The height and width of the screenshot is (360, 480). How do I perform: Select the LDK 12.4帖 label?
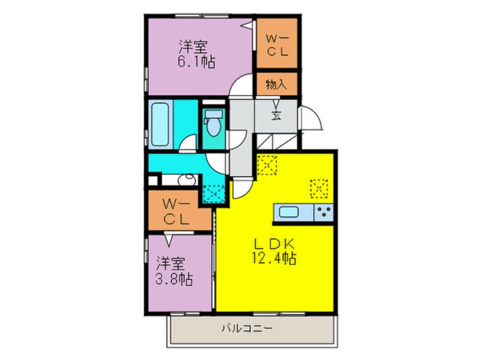(x=274, y=249)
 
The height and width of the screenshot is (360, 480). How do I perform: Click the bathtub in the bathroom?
(x=161, y=124)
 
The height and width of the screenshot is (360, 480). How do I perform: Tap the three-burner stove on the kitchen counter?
(x=324, y=213)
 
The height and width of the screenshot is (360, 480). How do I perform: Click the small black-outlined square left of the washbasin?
(x=152, y=182)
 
